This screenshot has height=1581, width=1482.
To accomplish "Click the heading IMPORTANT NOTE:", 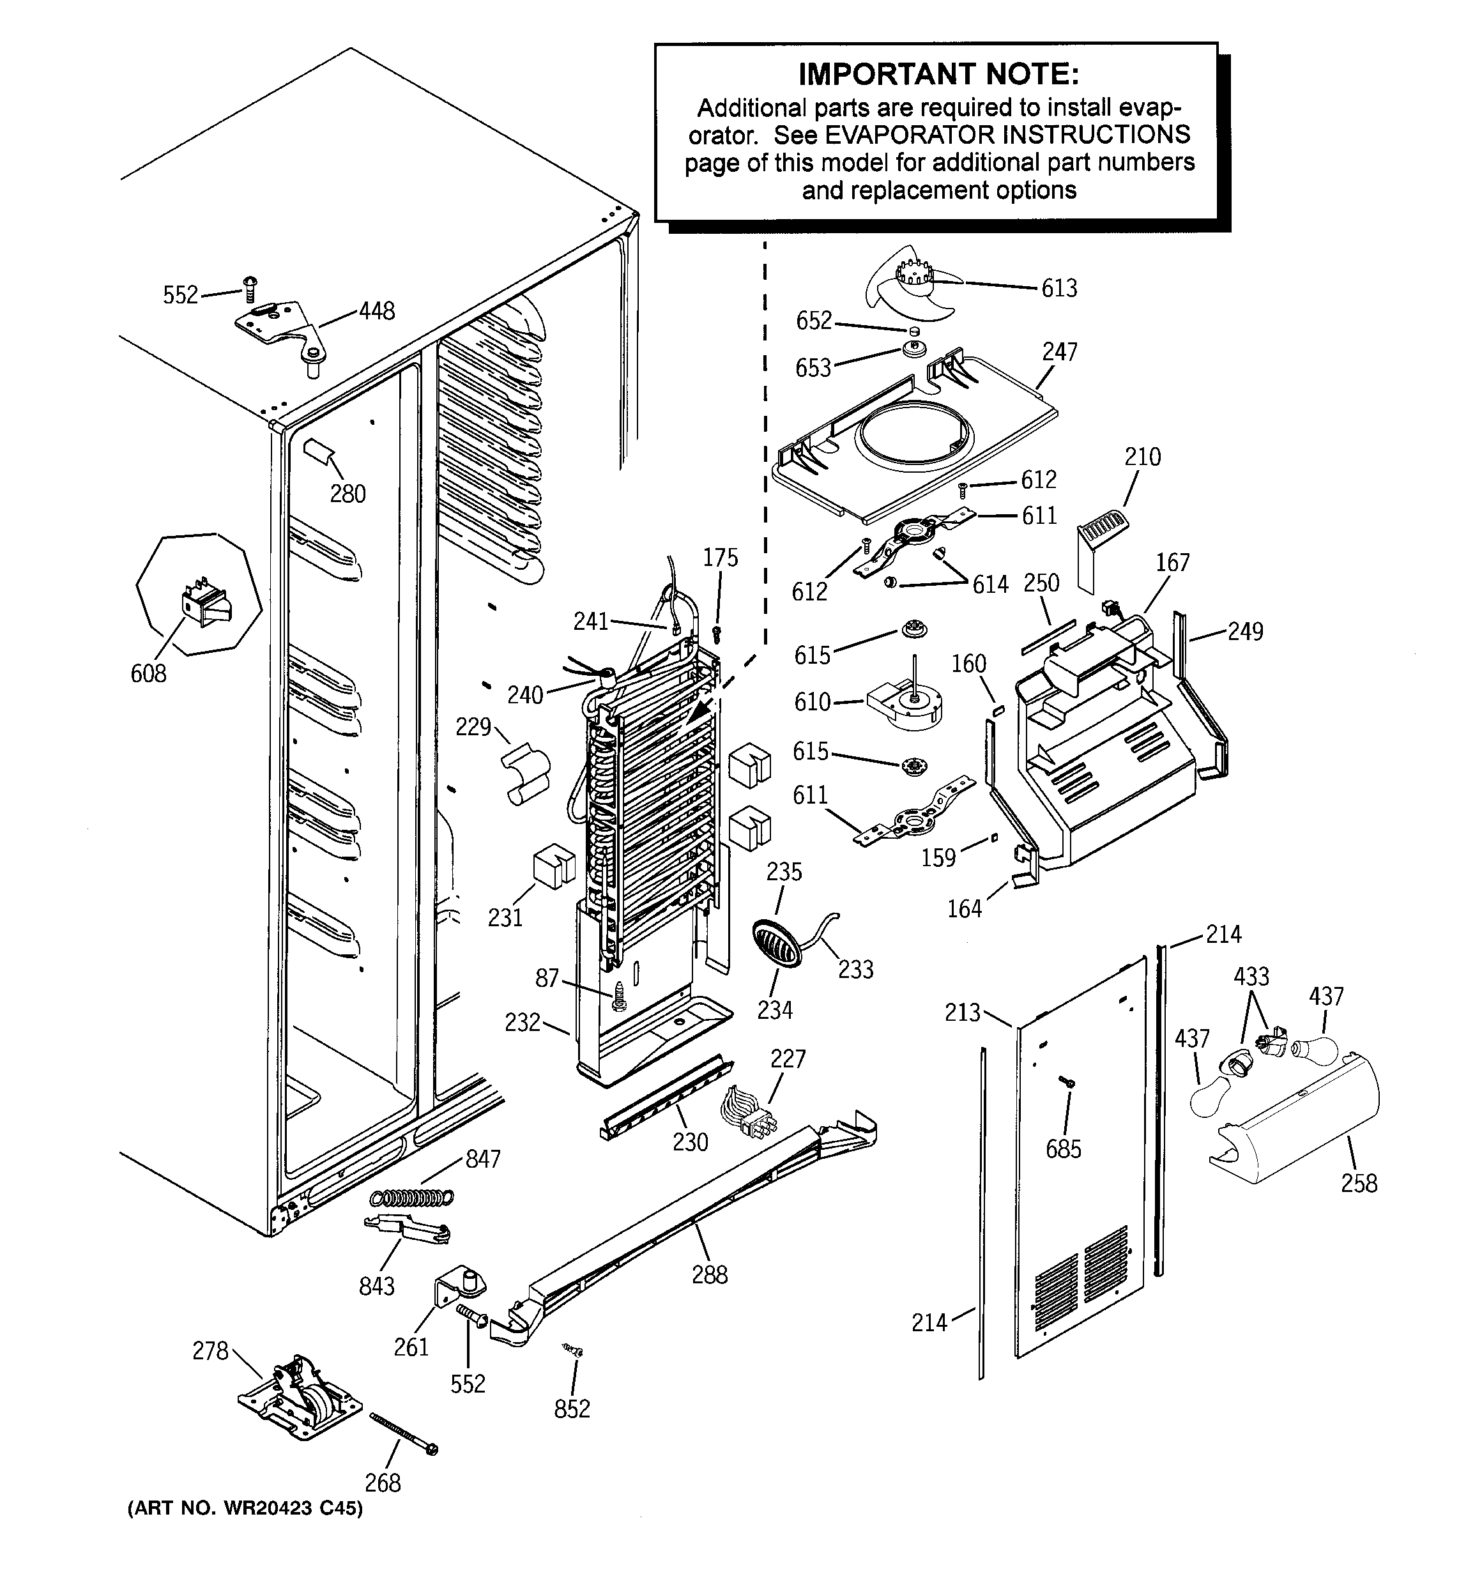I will click(x=938, y=74).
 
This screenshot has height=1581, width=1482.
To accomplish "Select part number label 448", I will click(x=376, y=311).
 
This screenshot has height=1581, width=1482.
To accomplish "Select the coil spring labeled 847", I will click(x=413, y=1196).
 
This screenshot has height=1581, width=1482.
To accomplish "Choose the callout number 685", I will click(x=1064, y=1149).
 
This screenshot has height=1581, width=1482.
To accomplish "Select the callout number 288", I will click(x=710, y=1275).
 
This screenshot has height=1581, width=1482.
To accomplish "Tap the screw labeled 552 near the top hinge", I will click(x=250, y=288).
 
